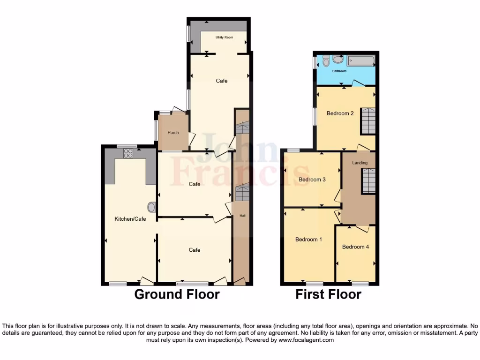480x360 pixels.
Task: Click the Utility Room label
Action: click(224, 37)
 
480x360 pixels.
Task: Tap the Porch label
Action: click(173, 133)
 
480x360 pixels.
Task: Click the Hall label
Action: click(242, 216)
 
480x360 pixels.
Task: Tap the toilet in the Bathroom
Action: click(327, 61)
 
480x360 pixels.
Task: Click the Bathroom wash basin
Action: click(338, 59)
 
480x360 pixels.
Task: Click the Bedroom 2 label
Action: click(340, 113)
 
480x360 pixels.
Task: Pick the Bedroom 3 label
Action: click(312, 180)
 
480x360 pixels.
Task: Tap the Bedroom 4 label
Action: click(356, 247)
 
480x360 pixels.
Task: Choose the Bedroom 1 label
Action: click(308, 240)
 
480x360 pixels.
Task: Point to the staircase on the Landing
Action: click(368, 181)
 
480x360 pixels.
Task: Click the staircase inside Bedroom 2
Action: click(368, 121)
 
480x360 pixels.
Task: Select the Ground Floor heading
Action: click(177, 294)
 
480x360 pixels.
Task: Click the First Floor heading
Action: click(328, 294)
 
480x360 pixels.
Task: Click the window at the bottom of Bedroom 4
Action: click(360, 283)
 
